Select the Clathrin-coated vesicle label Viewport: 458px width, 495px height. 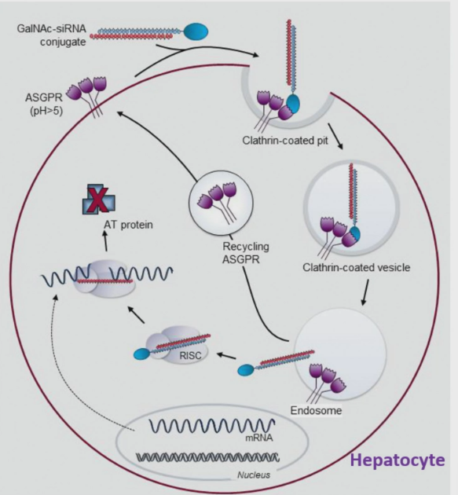345,268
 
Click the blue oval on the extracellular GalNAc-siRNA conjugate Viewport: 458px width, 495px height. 196,31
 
